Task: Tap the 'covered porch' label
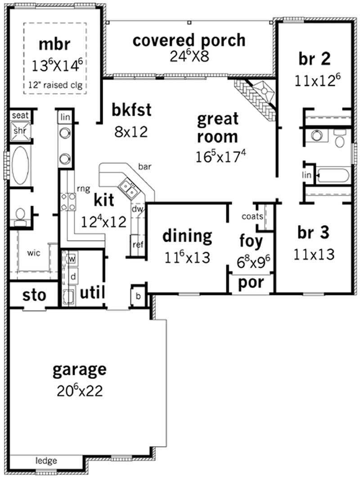coord(189,40)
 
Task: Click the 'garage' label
coord(80,370)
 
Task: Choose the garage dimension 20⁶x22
coord(80,390)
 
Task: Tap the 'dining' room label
coord(187,235)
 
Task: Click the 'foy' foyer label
coord(251,241)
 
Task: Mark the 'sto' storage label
coord(34,295)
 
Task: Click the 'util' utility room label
coord(92,293)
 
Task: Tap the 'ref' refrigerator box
coord(137,244)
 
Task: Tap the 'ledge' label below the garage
coord(46,460)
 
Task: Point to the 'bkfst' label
coord(131,110)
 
